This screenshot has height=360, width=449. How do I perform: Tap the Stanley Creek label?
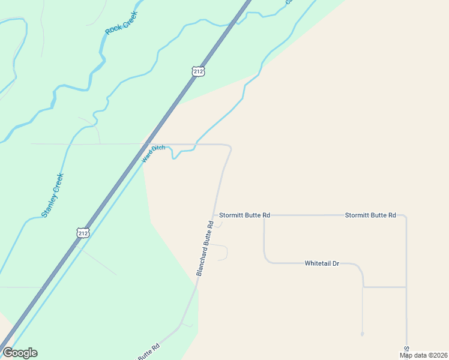tap(52, 194)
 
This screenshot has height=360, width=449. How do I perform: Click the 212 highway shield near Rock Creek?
tap(199, 71)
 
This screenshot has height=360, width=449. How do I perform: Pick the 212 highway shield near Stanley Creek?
tap(83, 232)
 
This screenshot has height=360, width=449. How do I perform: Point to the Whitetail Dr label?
tap(322, 263)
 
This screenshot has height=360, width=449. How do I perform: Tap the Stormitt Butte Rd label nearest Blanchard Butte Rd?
tap(244, 215)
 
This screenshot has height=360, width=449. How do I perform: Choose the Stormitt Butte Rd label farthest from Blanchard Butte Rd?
tap(370, 215)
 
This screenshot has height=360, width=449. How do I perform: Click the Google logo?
tap(20, 353)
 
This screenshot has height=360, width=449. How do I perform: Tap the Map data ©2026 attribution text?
tap(424, 355)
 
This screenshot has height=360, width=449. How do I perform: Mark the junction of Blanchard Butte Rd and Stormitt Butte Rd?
tap(214, 215)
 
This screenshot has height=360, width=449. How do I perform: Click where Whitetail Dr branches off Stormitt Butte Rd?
tap(264, 215)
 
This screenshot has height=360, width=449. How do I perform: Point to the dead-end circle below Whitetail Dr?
tap(363, 334)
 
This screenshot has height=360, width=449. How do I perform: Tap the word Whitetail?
tap(316, 263)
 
